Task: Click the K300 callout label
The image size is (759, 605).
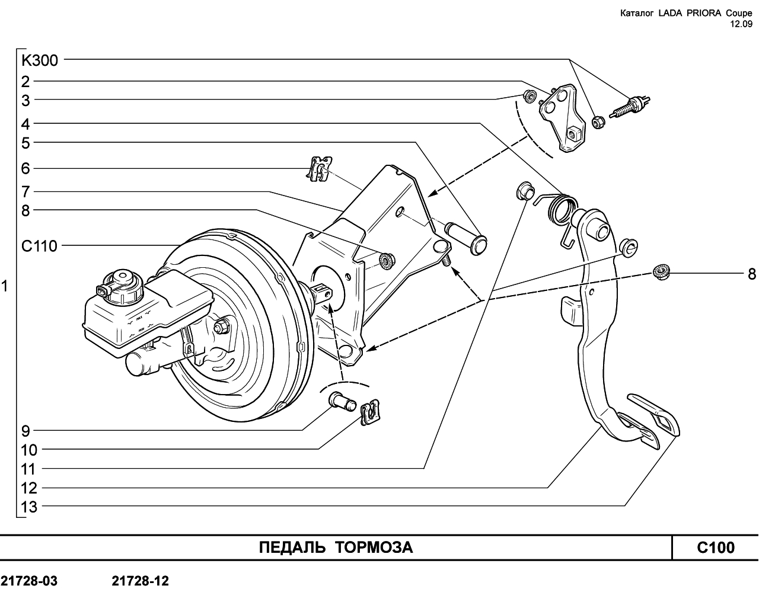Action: click(40, 60)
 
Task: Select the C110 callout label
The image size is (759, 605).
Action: click(39, 246)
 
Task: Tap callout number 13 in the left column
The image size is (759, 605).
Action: click(29, 507)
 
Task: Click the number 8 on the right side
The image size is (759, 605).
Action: click(752, 274)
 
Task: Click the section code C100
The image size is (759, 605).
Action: click(716, 548)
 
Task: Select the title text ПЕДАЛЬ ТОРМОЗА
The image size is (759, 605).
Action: click(336, 548)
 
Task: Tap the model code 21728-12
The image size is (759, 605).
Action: click(141, 581)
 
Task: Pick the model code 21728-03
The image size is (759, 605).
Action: click(29, 581)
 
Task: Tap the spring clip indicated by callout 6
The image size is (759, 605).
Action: click(320, 169)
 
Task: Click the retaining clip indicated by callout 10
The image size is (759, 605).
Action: click(370, 412)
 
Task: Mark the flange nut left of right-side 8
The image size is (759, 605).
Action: click(661, 272)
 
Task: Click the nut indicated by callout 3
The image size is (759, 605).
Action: click(530, 97)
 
